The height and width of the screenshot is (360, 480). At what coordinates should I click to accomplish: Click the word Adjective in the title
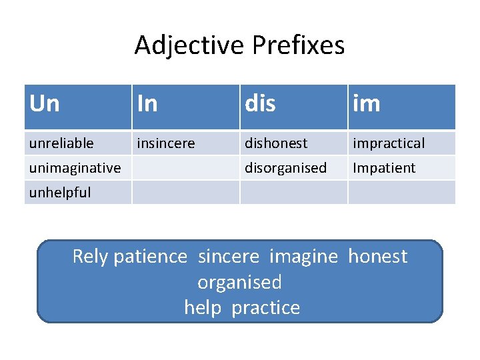tap(190, 45)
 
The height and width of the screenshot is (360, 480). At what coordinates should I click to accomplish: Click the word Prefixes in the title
tap(299, 45)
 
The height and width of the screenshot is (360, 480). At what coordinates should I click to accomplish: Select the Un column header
tap(45, 104)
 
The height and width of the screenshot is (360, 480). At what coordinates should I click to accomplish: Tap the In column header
tap(147, 104)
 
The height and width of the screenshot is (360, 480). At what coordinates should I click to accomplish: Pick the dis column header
tap(260, 104)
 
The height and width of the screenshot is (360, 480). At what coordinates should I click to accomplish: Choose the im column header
tap(367, 104)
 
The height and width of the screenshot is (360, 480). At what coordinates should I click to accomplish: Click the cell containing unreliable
tap(61, 143)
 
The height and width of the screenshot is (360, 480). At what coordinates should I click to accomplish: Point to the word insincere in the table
tap(166, 143)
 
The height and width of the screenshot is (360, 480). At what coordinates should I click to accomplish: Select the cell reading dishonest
tap(276, 143)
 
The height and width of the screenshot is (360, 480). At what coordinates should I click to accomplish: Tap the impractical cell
tap(389, 143)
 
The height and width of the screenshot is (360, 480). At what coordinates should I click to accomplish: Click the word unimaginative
tap(75, 168)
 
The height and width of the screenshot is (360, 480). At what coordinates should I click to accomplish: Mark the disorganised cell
tap(285, 168)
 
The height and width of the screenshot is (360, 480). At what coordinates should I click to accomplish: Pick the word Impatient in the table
tap(384, 168)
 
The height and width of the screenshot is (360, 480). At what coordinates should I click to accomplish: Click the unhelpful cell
tap(60, 193)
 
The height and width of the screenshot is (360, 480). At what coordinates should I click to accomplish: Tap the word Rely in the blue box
tap(91, 257)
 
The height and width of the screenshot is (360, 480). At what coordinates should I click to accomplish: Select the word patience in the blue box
tap(151, 257)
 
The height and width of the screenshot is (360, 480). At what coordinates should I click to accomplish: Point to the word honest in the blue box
tap(377, 257)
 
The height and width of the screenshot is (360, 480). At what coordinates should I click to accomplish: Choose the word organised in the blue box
tap(239, 282)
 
